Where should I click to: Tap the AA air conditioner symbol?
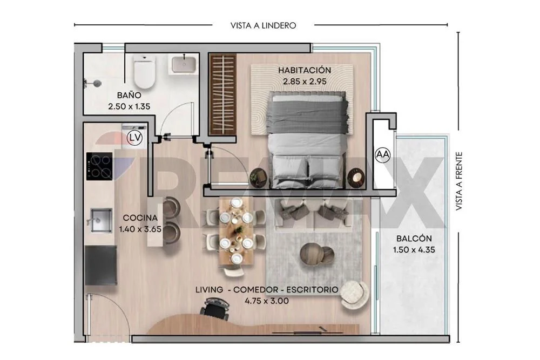pos(383,155)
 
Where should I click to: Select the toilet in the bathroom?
pos(145,71)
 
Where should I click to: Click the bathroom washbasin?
pos(184,64)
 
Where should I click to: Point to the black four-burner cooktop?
pos(99,166)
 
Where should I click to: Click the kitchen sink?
pos(100,220)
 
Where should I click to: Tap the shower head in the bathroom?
pos(93,83)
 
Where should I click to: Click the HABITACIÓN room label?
pos(305,70)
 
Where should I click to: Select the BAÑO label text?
pos(129,95)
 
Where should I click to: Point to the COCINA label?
pos(140,218)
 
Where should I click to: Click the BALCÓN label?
pos(414,239)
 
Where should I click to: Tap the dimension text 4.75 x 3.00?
pos(267,301)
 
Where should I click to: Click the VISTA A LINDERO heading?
pos(263,25)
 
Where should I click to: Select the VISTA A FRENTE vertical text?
pos(458,181)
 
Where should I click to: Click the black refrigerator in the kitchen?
pos(100,266)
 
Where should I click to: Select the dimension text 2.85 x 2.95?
pos(305,81)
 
